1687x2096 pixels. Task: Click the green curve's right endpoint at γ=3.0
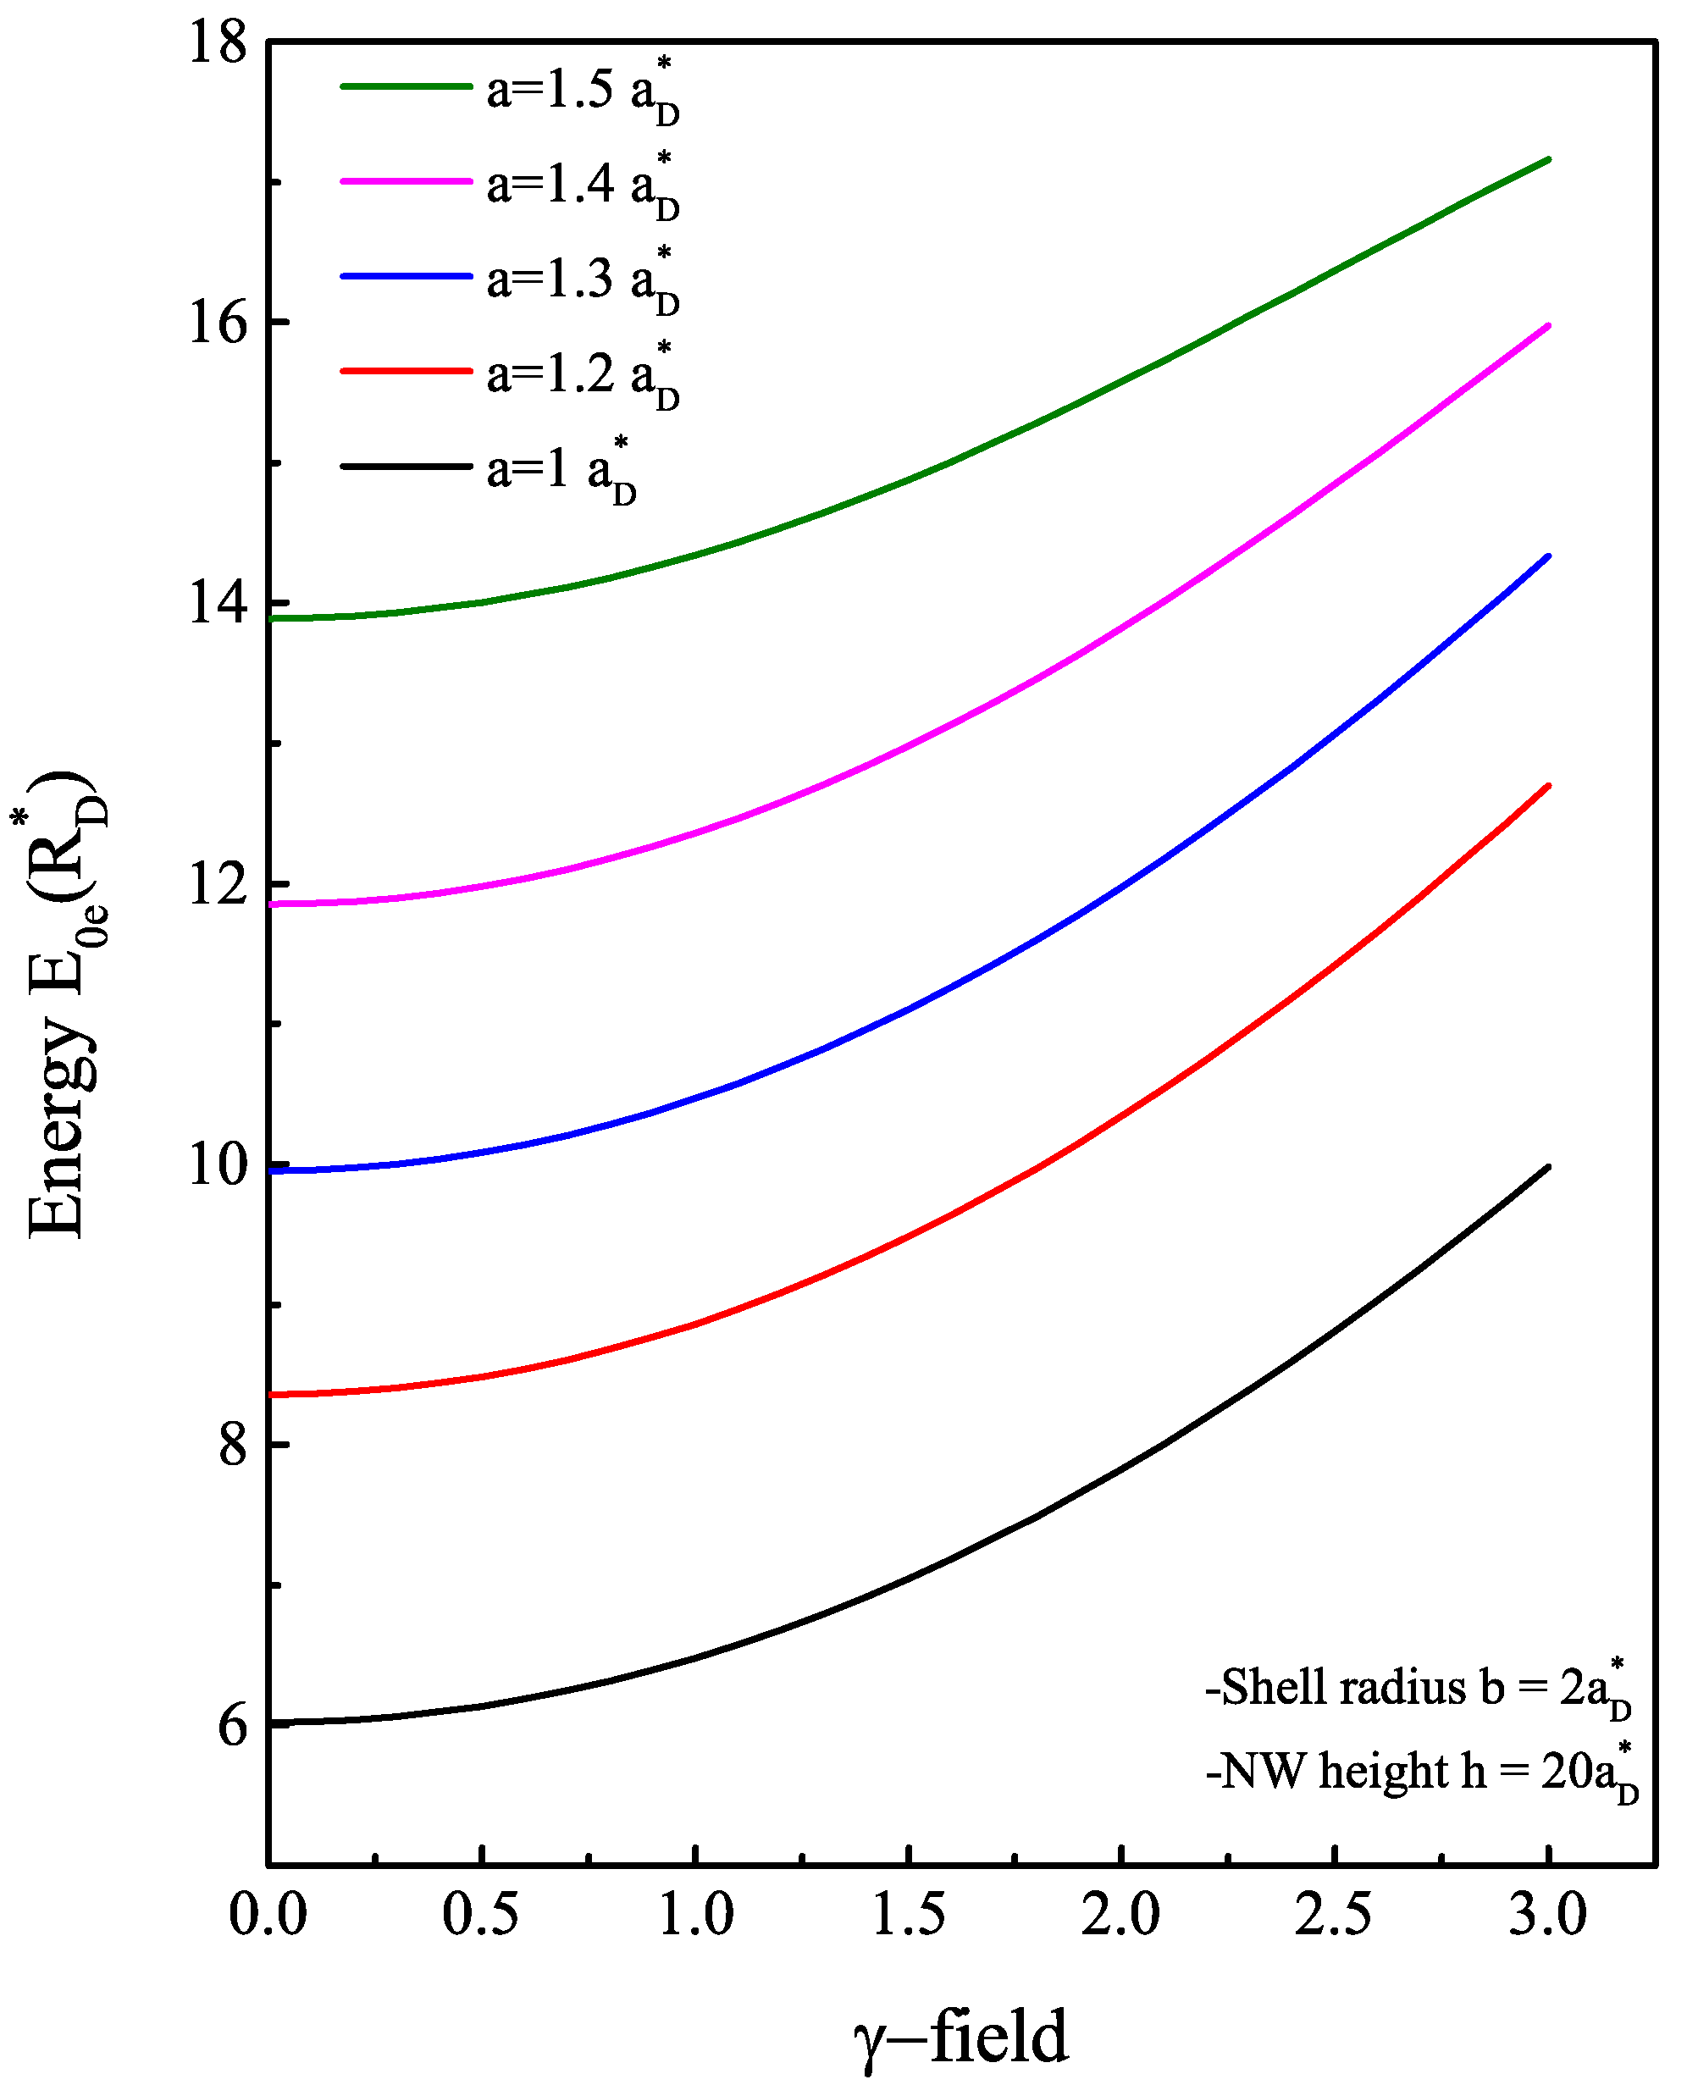[1548, 158]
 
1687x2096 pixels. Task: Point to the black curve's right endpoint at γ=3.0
[1548, 1167]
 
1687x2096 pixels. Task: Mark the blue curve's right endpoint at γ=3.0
[1548, 556]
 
